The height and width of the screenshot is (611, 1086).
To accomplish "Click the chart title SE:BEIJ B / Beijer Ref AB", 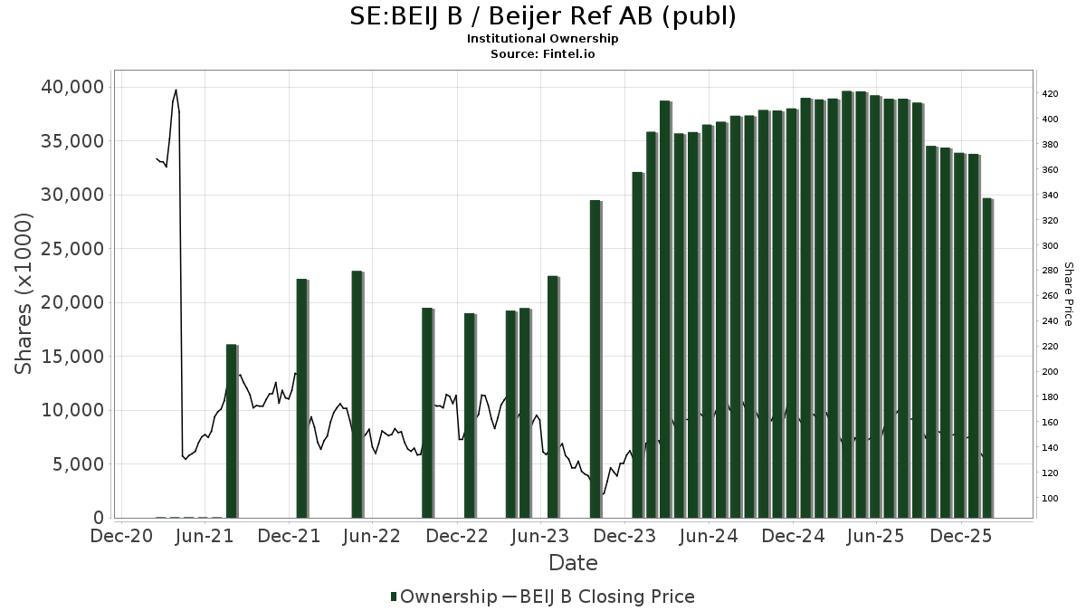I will (542, 16).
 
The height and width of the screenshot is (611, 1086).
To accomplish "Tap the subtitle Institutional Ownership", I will (542, 39).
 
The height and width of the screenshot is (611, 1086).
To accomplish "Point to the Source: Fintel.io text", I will (542, 54).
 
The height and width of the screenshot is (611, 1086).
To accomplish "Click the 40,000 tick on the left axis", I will (70, 87).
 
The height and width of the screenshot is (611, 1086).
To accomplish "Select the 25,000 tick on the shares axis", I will (70, 249).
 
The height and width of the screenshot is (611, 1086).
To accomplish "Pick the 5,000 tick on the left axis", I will (76, 464).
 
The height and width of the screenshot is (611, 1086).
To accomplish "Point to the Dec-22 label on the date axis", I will (457, 536).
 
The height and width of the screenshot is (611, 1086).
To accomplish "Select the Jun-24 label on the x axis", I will (709, 536).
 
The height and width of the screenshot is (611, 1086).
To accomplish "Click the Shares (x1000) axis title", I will (24, 293).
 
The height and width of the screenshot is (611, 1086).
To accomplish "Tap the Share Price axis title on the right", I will (1068, 293).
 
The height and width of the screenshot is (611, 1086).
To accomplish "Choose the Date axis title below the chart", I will (573, 563).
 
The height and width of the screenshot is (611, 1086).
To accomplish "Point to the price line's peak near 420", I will (176, 90).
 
